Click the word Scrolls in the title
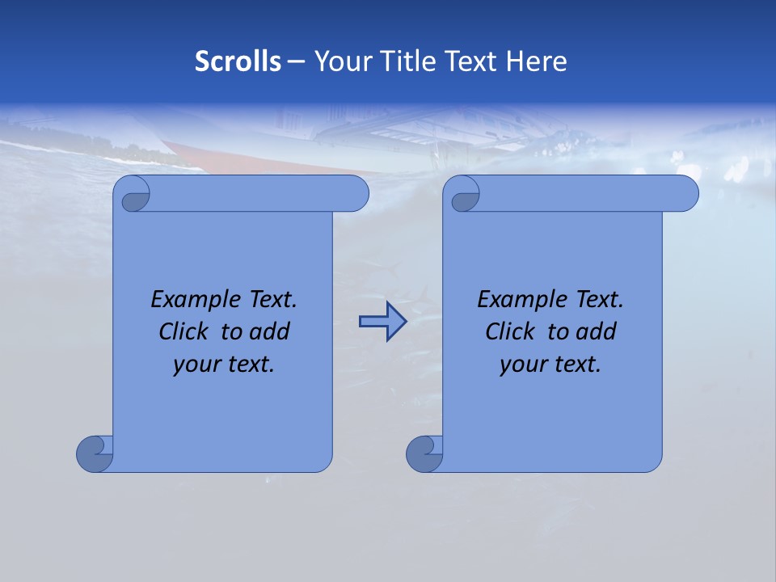coord(238,61)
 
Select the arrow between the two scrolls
coord(382,322)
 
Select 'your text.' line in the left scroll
coord(224,364)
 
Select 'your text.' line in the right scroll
coord(550,364)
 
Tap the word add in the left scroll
coord(270,331)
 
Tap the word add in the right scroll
coord(597,331)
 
